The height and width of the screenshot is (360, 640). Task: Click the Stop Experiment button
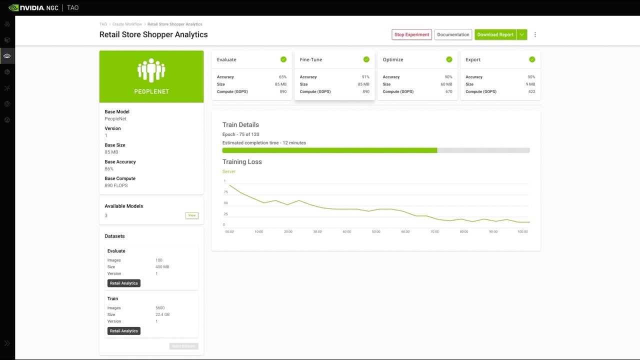[x=411, y=34]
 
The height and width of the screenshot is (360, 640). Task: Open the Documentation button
[x=453, y=34]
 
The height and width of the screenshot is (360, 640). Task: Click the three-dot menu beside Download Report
[x=535, y=34]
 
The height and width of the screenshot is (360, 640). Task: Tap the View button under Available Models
[x=192, y=215]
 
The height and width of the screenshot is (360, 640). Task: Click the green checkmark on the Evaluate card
[x=283, y=59]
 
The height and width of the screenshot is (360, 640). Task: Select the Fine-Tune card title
[x=311, y=59]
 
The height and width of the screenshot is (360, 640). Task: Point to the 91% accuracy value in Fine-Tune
[x=365, y=77]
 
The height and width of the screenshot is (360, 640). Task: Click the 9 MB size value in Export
[x=530, y=84]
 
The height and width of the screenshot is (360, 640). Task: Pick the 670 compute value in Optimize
[x=448, y=91]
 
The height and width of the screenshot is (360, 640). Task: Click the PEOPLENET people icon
[x=151, y=70]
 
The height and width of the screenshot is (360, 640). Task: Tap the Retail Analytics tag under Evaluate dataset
[x=124, y=283]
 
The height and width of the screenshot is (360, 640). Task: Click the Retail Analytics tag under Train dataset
[x=124, y=331]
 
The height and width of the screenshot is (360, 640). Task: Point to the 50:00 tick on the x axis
[x=376, y=232]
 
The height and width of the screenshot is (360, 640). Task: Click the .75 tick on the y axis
[x=225, y=192]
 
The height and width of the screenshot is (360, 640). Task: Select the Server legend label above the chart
[x=229, y=171]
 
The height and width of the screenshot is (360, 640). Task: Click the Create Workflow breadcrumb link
[x=127, y=24]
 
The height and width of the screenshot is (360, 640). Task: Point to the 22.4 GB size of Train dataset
[x=162, y=314]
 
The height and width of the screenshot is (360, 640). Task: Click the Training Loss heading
[x=242, y=162]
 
